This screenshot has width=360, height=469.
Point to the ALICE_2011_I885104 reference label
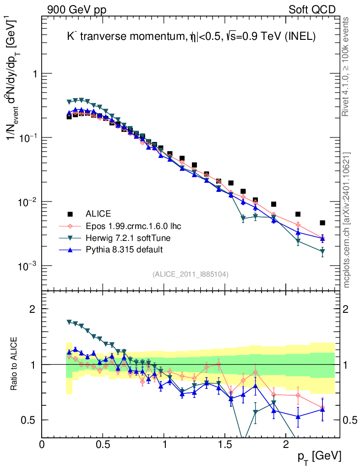191,274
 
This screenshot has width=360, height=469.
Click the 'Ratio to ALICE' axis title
15,364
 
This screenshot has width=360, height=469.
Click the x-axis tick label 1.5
224,445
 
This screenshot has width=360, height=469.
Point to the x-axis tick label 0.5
103,445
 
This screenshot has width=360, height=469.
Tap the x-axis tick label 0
42,445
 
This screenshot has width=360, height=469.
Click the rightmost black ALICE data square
322,223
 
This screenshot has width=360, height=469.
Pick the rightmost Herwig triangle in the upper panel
322,251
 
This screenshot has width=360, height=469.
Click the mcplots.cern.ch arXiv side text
347,220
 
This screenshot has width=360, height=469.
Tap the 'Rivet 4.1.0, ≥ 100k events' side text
347,66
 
